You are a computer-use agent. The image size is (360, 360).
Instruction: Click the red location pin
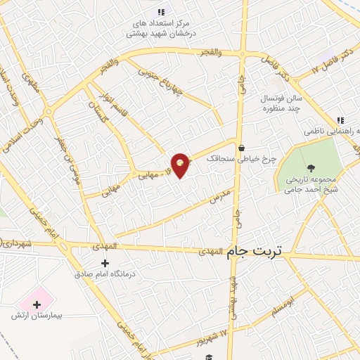click(x=181, y=165)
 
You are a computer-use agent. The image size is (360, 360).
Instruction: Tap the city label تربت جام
click(x=259, y=257)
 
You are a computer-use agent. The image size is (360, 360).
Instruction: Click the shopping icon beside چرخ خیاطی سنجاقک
click(x=242, y=148)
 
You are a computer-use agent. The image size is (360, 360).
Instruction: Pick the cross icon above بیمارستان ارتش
click(x=37, y=304)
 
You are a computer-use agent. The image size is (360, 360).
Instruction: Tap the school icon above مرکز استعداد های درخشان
click(x=161, y=12)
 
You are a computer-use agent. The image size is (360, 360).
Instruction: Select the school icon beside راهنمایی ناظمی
click(x=340, y=121)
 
